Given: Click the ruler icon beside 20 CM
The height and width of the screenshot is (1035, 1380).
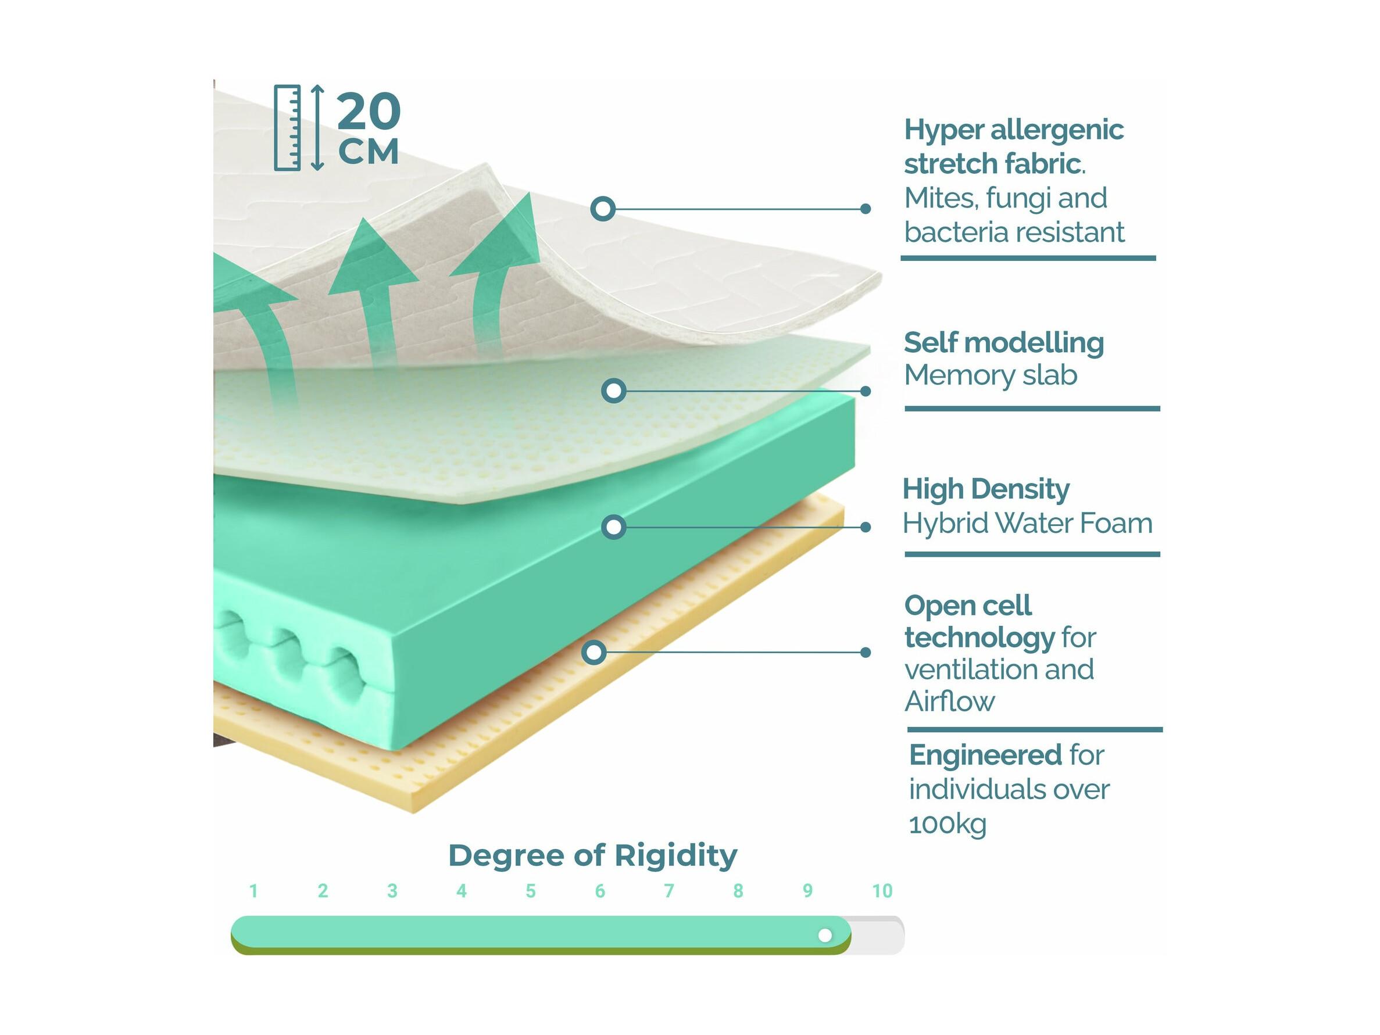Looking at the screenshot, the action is tap(288, 128).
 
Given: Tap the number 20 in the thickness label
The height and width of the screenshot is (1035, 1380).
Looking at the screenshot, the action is tap(369, 111).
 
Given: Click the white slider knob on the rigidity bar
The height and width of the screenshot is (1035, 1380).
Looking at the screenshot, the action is tap(825, 935).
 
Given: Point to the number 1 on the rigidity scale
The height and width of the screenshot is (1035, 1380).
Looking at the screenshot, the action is tap(253, 891).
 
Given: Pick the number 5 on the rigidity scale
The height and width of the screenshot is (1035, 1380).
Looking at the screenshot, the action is tap(530, 891).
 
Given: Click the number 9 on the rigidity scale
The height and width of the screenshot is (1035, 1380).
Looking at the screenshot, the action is tap(807, 891).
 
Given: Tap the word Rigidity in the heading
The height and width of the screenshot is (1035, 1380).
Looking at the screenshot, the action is tap(675, 856).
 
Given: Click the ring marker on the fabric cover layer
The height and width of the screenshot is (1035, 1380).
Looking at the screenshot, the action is tap(603, 209).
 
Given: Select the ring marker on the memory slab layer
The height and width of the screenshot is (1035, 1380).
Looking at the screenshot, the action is tap(614, 391).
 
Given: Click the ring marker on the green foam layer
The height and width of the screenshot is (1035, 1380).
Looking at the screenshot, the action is tap(614, 527).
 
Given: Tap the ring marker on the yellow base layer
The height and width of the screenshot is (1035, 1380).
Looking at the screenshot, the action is tap(595, 653).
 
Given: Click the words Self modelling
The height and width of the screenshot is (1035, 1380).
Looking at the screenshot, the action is tap(1004, 343).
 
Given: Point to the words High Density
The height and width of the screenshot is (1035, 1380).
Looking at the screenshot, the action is tap(986, 490).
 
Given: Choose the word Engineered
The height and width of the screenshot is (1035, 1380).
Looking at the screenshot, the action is tap(986, 755).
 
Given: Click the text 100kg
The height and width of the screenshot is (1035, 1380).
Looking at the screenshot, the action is tap(948, 825).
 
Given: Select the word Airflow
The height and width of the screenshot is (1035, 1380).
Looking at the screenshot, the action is tap(949, 702).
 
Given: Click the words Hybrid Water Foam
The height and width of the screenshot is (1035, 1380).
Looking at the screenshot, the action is tap(1028, 524).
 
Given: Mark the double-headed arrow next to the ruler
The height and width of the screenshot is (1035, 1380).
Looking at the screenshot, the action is tap(317, 128).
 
